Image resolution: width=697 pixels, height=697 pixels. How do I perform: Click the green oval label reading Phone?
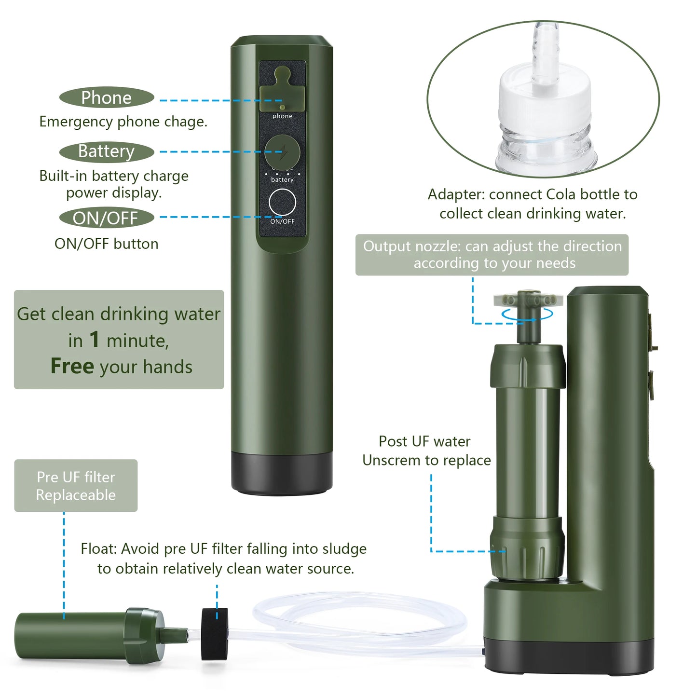coord(106,98)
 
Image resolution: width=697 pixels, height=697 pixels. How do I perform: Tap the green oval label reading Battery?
coord(106,151)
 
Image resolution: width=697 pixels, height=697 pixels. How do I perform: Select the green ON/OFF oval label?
coord(106,218)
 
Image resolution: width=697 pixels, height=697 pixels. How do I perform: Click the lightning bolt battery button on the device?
coord(283,152)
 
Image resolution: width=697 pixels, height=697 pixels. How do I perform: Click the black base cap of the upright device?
coord(282,473)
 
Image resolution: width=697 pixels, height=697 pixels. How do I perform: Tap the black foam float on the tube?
coord(215,633)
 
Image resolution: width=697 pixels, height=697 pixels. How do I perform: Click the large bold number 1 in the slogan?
coord(95,340)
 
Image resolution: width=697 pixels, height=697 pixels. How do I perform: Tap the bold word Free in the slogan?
coord(72,367)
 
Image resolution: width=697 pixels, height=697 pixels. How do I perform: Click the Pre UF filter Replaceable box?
coord(76,486)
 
